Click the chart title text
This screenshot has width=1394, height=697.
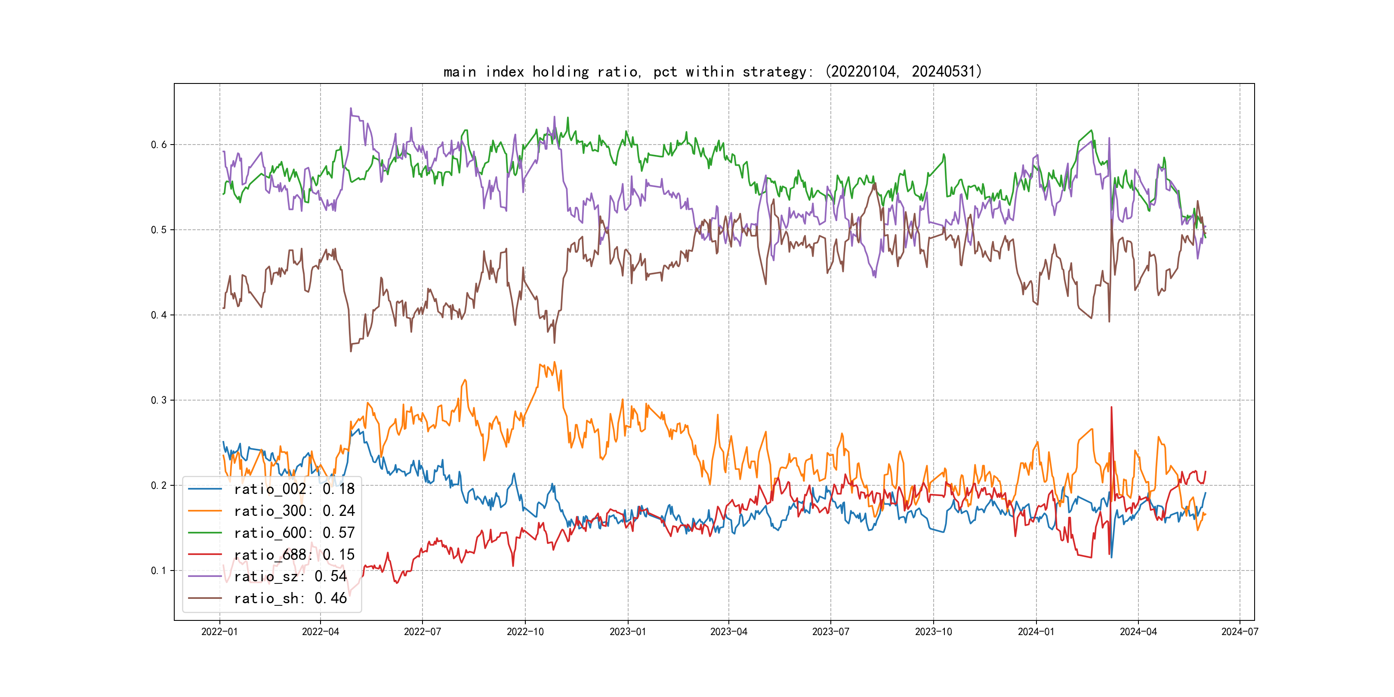(712, 71)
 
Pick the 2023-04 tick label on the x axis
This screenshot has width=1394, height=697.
(728, 632)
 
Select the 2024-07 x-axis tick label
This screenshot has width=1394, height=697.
(1239, 632)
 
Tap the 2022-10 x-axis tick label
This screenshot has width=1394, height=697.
(525, 632)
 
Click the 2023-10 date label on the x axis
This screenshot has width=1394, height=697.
(933, 632)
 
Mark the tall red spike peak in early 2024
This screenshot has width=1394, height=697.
(1111, 407)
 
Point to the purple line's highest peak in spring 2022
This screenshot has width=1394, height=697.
(351, 108)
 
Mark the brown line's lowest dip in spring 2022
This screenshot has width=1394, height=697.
(351, 351)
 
